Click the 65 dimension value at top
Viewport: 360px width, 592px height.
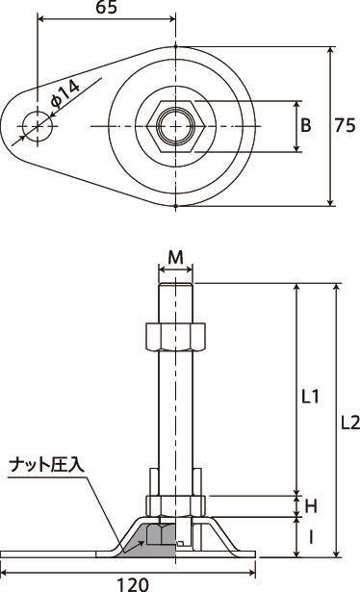tap(107, 7)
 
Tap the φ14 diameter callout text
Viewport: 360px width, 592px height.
tap(64, 94)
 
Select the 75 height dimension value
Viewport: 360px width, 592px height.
tap(345, 125)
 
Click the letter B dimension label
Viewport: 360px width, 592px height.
tap(306, 125)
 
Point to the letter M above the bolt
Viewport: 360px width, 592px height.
tap(175, 257)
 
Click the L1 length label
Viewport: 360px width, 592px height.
tap(311, 397)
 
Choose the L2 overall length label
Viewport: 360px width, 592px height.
tap(350, 423)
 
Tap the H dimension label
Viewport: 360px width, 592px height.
tap(311, 506)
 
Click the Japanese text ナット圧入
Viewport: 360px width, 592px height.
tap(47, 465)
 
